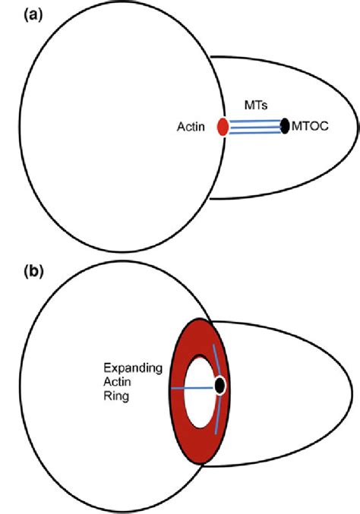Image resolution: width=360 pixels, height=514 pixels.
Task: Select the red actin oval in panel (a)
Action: [223, 127]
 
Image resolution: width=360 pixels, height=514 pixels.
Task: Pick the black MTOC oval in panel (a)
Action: [285, 125]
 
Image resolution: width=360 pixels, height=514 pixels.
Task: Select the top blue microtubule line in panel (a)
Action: [254, 120]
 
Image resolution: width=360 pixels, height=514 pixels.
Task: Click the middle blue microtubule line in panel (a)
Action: [254, 126]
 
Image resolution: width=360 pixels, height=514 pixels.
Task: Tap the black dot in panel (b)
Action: [220, 386]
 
